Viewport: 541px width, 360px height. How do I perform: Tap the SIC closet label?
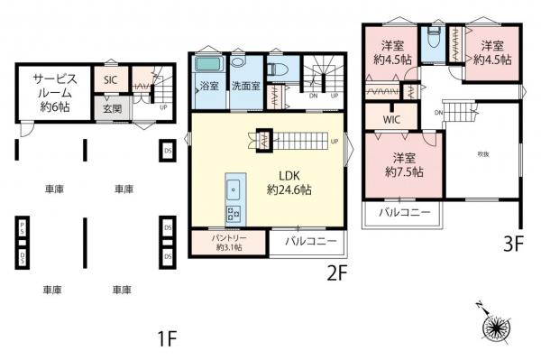click(x=110, y=79)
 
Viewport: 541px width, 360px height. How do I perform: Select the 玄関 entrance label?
click(x=112, y=108)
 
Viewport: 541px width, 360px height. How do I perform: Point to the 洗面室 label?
click(x=244, y=88)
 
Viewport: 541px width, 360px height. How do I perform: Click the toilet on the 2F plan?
click(x=277, y=69)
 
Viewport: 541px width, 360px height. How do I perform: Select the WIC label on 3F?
click(x=391, y=118)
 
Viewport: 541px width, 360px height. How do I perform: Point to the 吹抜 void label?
click(x=483, y=153)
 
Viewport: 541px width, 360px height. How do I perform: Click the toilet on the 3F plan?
click(x=434, y=36)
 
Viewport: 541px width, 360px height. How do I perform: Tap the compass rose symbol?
click(x=493, y=327)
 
